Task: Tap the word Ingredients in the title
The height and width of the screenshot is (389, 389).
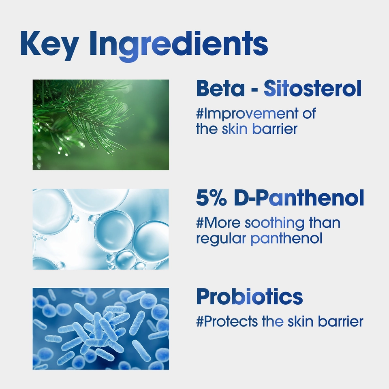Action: tap(179, 45)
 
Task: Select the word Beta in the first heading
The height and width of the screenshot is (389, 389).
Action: tap(220, 88)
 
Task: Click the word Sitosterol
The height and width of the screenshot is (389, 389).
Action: tap(312, 88)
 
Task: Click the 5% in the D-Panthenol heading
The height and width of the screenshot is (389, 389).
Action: tap(211, 198)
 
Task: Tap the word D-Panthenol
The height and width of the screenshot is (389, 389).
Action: tap(299, 198)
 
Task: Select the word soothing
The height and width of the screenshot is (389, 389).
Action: tap(275, 223)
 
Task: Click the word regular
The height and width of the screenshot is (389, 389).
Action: tap(221, 239)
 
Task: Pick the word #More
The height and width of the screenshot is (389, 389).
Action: tap(218, 223)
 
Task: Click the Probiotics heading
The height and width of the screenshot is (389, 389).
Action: tap(250, 297)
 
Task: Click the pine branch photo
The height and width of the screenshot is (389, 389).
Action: tap(101, 125)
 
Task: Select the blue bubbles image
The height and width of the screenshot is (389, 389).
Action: tap(101, 229)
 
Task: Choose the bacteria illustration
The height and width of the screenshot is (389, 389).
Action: tap(101, 329)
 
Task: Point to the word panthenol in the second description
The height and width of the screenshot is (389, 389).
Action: tap(286, 239)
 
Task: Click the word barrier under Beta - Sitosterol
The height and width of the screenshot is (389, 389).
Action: tap(275, 129)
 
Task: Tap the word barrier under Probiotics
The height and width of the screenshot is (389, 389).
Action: tap(341, 321)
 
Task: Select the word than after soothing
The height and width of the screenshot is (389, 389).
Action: tap(325, 222)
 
